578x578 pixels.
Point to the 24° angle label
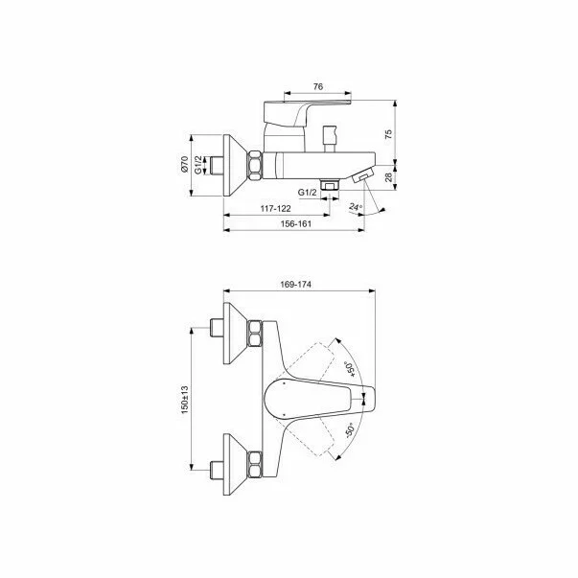pyautogui.click(x=356, y=205)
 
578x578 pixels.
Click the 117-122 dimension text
pyautogui.click(x=275, y=208)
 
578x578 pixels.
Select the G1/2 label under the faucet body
pyautogui.click(x=307, y=194)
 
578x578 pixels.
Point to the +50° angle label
pyautogui.click(x=349, y=367)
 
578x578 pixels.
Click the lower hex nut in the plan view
pyautogui.click(x=254, y=461)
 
